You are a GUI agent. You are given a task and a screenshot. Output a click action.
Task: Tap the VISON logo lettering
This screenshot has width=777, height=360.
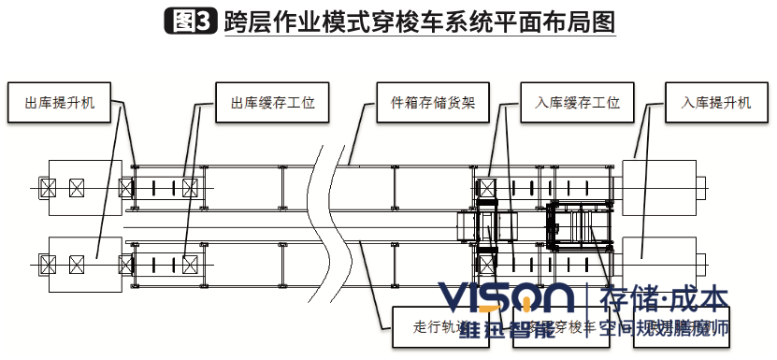(x=506, y=298)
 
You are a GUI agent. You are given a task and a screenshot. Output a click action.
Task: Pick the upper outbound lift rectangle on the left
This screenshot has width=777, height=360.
(x=85, y=188)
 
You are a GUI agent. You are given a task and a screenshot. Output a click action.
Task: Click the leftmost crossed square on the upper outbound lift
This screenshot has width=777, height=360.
(x=47, y=188)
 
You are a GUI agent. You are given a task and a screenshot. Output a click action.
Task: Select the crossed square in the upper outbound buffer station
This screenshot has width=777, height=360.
(x=190, y=188)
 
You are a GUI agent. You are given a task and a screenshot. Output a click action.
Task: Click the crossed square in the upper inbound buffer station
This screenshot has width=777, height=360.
(x=485, y=187)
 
